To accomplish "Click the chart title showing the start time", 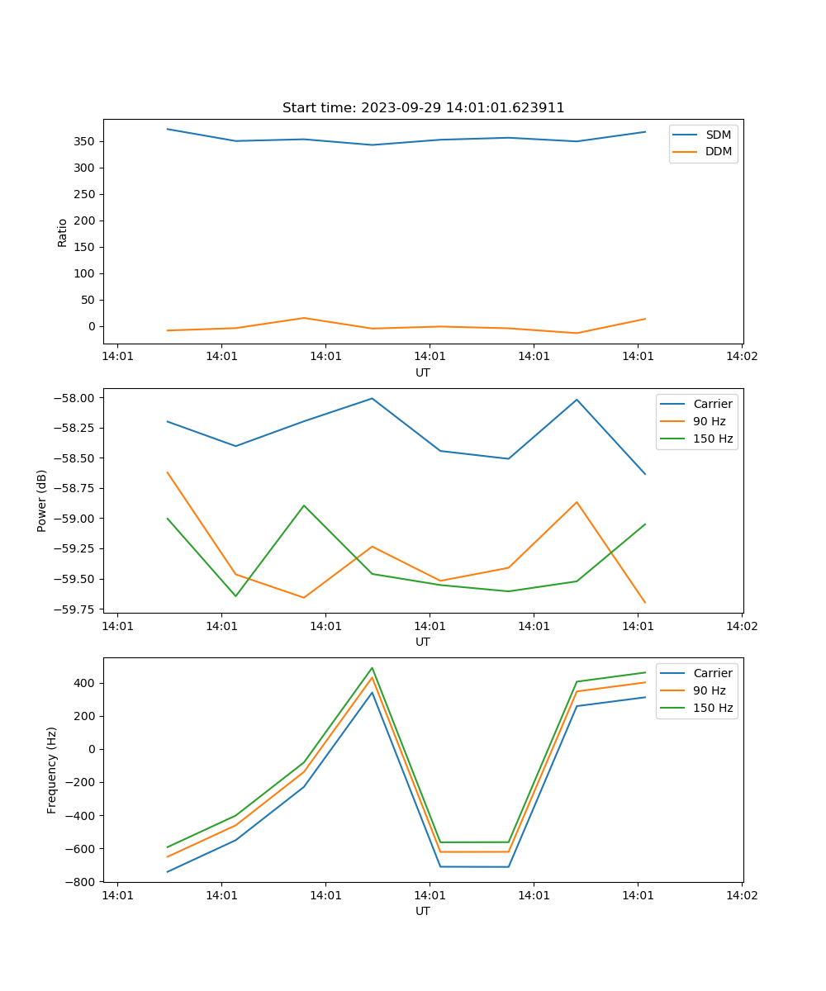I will [x=423, y=108].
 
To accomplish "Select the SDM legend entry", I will [x=718, y=135].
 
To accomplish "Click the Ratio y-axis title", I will [x=63, y=232].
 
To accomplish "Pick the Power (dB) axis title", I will [x=42, y=500].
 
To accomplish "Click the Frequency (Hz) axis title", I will [x=52, y=770].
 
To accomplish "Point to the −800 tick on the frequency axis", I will [x=82, y=881].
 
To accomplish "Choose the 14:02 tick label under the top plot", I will [x=741, y=356].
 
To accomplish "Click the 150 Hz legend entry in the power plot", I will [x=713, y=439].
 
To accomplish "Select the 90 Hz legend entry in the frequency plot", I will [x=710, y=690].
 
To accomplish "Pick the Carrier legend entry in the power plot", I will [x=712, y=404].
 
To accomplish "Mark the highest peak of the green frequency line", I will [x=372, y=668].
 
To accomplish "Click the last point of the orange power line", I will [x=645, y=603].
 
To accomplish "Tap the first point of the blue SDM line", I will [x=168, y=129].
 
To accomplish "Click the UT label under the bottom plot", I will [x=423, y=911].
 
